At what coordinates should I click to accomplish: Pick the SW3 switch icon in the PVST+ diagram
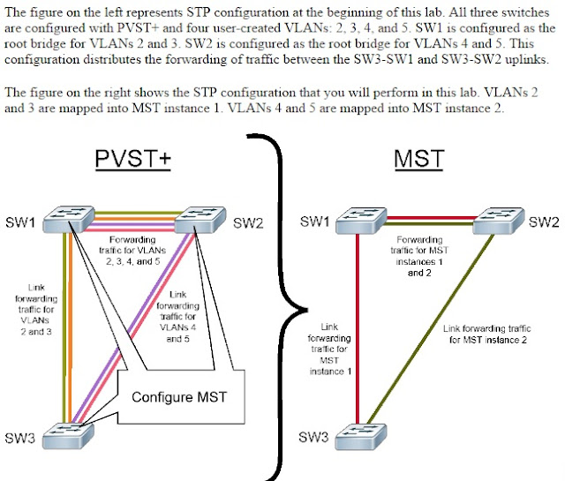tap(69, 436)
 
